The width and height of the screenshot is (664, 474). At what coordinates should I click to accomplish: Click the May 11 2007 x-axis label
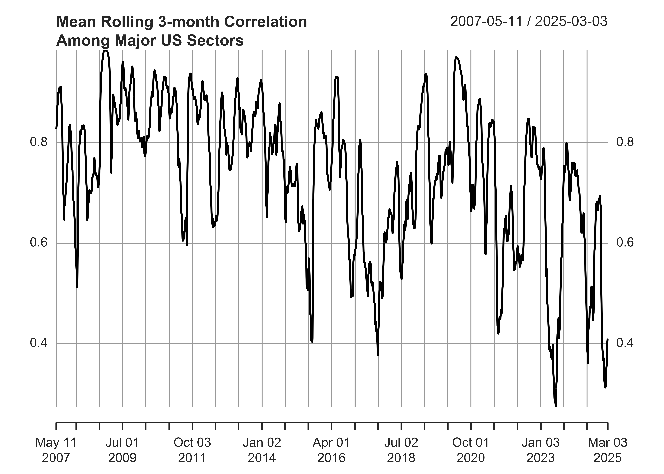click(x=56, y=450)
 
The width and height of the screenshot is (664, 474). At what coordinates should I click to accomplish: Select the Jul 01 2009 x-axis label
click(x=122, y=450)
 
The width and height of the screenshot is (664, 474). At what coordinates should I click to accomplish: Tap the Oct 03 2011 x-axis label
click(x=192, y=450)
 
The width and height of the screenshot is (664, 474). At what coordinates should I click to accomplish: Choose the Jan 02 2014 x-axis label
click(x=262, y=450)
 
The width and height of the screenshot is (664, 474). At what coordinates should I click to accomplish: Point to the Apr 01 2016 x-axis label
click(x=331, y=450)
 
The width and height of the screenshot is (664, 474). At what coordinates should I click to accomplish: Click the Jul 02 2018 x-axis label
click(x=401, y=450)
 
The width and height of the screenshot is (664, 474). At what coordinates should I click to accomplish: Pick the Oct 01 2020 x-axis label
click(x=471, y=450)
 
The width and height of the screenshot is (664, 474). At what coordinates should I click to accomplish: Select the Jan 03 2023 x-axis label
click(x=541, y=450)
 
